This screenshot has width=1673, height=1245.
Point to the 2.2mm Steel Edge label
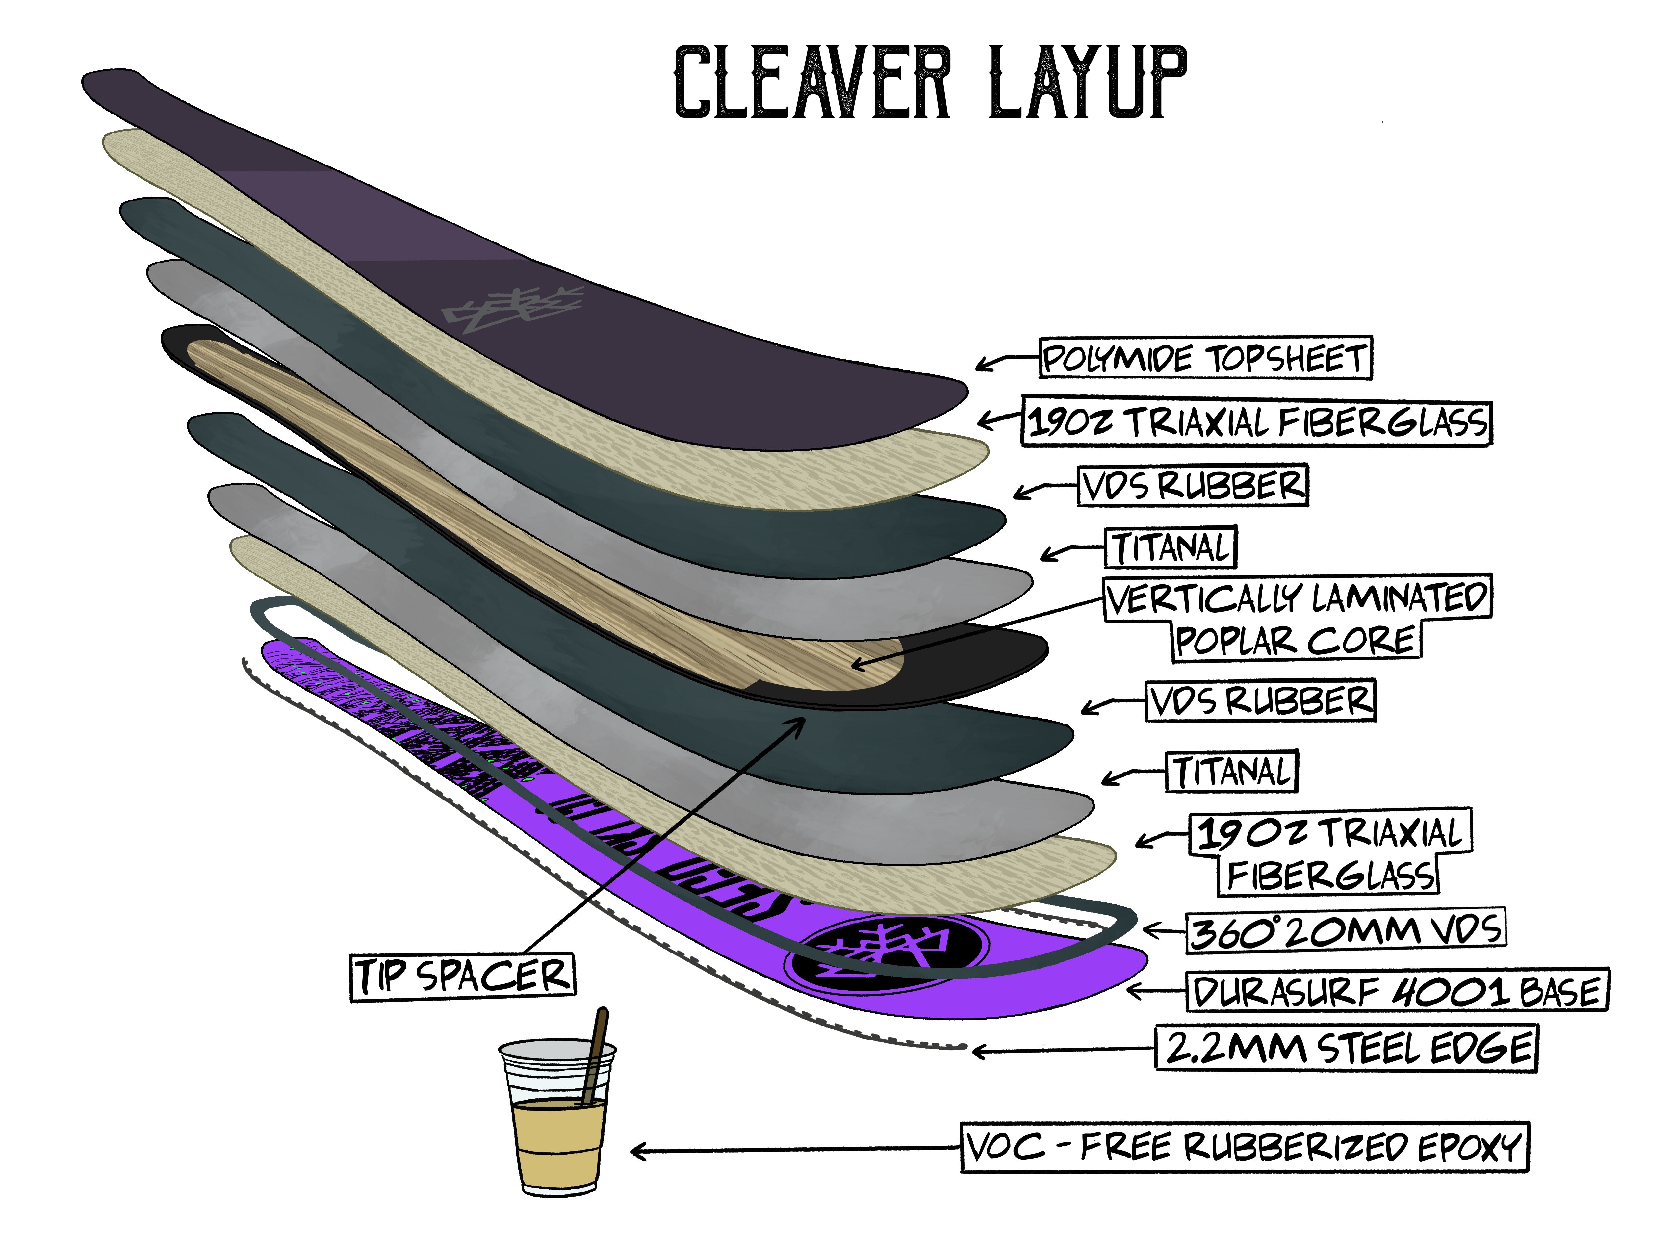click(x=1346, y=1048)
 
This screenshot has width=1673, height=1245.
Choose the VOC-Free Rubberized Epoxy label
click(x=1244, y=1147)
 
